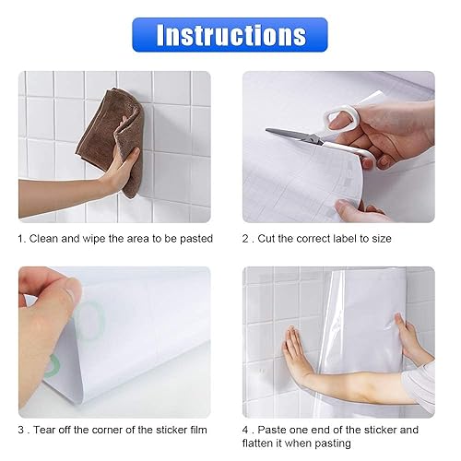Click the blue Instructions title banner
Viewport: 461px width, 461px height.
(x=230, y=35)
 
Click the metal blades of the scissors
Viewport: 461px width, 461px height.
(x=294, y=136)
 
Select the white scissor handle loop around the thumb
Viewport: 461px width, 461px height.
(x=342, y=117)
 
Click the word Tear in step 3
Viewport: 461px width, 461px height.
(x=44, y=430)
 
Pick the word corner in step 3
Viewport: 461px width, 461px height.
(x=107, y=430)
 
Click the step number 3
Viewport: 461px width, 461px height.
(x=21, y=430)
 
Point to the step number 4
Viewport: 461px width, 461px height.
(x=245, y=430)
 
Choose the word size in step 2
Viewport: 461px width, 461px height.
(x=382, y=239)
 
